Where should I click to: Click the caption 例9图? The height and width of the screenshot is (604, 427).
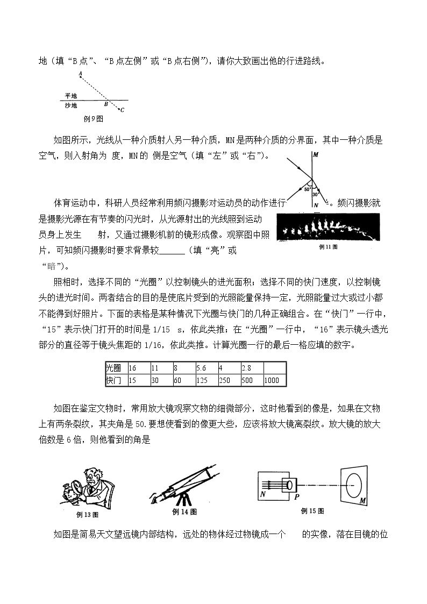pyautogui.click(x=93, y=119)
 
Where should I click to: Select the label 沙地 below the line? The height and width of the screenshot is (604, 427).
pyautogui.click(x=71, y=105)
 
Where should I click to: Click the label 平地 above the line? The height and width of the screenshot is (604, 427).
pyautogui.click(x=71, y=96)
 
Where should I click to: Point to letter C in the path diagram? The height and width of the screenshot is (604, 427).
pyautogui.click(x=123, y=110)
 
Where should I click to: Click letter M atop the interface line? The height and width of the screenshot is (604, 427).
pyautogui.click(x=316, y=155)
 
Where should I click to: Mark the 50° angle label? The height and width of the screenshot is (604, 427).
pyautogui.click(x=307, y=189)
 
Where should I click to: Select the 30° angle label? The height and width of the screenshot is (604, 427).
pyautogui.click(x=315, y=195)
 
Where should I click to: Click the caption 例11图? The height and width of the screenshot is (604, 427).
pyautogui.click(x=329, y=247)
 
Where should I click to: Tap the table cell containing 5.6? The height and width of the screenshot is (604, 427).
pyautogui.click(x=207, y=368)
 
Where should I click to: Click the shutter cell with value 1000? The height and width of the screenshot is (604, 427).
pyautogui.click(x=274, y=380)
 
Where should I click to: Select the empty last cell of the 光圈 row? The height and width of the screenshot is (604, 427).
pyautogui.click(x=274, y=368)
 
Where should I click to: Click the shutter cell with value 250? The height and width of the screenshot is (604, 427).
pyautogui.click(x=229, y=380)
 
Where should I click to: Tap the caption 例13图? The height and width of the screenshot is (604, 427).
pyautogui.click(x=88, y=515)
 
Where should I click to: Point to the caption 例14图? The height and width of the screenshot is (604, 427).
pyautogui.click(x=184, y=511)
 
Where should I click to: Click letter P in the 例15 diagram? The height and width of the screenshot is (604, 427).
pyautogui.click(x=296, y=497)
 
